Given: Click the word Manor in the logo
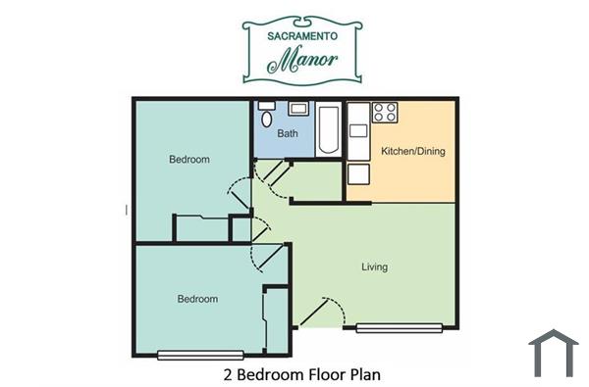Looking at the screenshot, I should point(303,60).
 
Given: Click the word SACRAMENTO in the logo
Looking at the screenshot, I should point(303,34).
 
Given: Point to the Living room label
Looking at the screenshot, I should point(374,266).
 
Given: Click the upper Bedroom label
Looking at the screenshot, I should point(188,160).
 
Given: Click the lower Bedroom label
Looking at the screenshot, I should point(196,299).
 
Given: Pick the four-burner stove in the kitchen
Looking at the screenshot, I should point(383,111).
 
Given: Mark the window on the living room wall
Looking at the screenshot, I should point(390,327).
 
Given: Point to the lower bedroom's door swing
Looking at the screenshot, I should point(265,257).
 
